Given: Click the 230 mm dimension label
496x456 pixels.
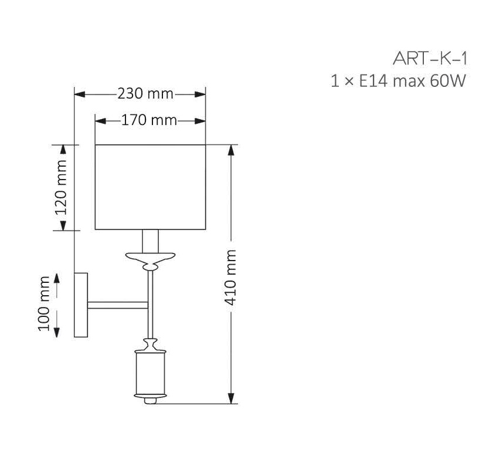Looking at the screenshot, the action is click(x=145, y=94).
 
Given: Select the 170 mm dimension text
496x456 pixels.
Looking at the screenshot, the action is click(x=149, y=121).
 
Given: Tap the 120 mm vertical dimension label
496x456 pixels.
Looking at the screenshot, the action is click(x=61, y=187).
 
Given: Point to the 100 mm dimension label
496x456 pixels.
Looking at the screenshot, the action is click(x=43, y=304).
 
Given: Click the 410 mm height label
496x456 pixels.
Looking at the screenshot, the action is click(x=230, y=278).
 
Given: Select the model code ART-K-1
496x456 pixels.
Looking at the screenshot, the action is click(x=430, y=59).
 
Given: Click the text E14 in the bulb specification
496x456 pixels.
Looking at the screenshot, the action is click(x=373, y=81).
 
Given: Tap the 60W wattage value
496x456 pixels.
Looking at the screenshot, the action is click(x=448, y=81).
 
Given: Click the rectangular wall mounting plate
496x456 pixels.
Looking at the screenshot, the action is click(x=81, y=305).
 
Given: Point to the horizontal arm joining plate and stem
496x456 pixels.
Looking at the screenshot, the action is click(x=118, y=305).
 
